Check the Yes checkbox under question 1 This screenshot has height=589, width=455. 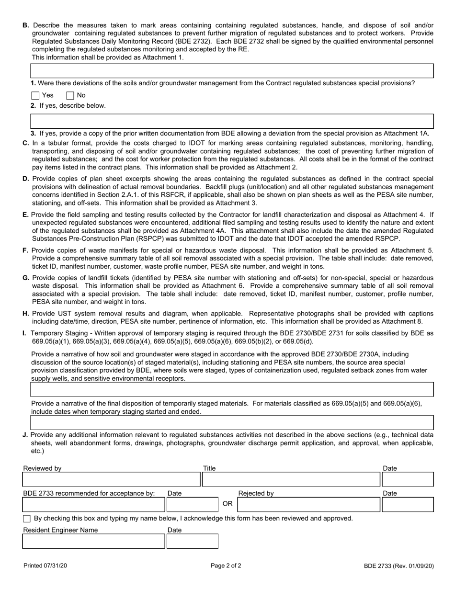tap(35, 95)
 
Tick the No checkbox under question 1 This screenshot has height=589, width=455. tap(70, 95)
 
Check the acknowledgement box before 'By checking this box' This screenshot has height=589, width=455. tap(27, 519)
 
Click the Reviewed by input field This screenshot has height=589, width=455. tap(111, 479)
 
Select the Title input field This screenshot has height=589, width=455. tap(291, 479)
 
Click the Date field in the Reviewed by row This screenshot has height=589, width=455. tap(408, 479)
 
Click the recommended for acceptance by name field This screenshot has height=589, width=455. tap(94, 504)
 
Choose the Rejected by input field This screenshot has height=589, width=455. tap(308, 504)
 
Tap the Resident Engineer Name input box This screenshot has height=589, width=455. tap(94, 541)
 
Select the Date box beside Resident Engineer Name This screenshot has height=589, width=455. tap(192, 541)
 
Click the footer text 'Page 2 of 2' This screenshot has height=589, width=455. tap(226, 566)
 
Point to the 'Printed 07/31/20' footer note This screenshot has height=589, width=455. tap(45, 566)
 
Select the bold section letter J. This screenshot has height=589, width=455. tap(25, 435)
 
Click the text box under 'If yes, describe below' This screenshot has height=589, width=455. tap(232, 121)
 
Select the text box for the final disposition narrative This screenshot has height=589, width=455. tap(232, 422)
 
